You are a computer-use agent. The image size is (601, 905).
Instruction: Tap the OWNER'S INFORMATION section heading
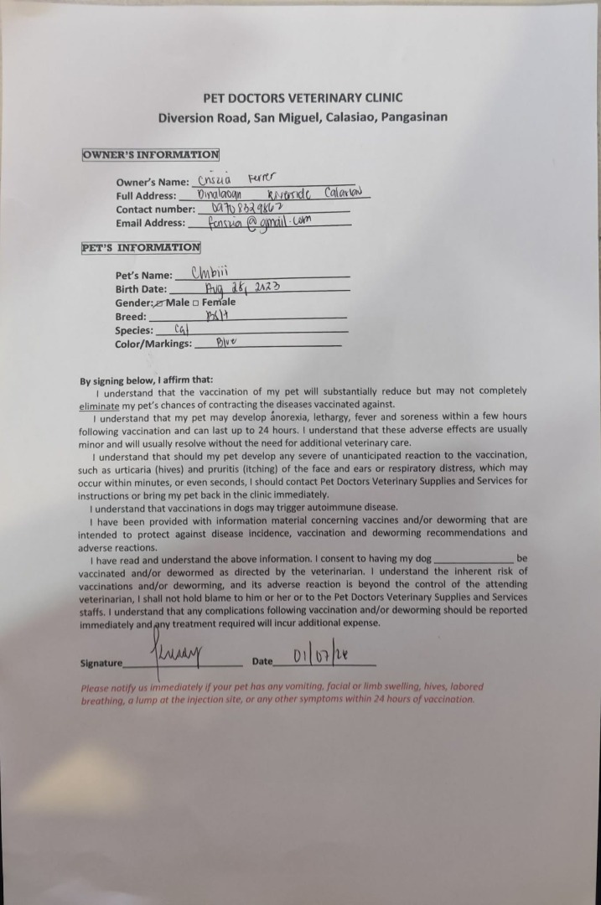(x=151, y=155)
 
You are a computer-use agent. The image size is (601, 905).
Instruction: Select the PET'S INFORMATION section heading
(x=141, y=248)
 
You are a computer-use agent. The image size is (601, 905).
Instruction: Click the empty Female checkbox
(x=195, y=303)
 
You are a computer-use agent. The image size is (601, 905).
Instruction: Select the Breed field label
(x=131, y=317)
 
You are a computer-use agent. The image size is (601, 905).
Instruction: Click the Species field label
(x=134, y=330)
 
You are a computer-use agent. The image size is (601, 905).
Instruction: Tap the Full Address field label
(x=146, y=195)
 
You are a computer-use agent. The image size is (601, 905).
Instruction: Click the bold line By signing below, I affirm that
(x=147, y=380)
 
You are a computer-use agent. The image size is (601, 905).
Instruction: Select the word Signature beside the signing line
(x=101, y=663)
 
